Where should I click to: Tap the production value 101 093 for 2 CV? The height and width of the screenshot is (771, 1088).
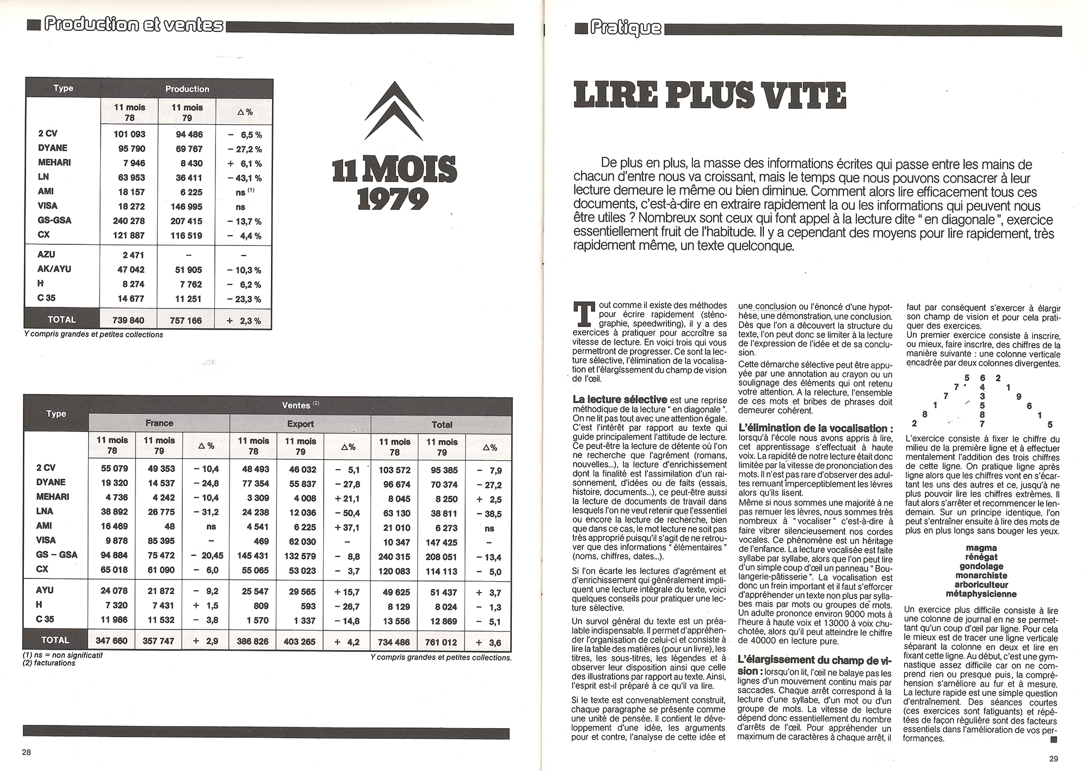[x=129, y=134]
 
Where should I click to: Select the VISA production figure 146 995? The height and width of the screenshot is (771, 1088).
[x=187, y=206]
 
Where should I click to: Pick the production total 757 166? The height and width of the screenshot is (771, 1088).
[x=186, y=320]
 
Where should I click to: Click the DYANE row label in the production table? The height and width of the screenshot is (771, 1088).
[x=52, y=148]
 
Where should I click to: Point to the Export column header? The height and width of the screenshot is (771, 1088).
[x=300, y=424]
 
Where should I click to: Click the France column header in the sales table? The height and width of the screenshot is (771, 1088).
[x=159, y=423]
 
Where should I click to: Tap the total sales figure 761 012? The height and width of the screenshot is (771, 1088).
[x=441, y=642]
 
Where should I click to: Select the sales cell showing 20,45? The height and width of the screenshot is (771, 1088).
[x=206, y=555]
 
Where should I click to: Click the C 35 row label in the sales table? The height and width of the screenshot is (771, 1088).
[x=46, y=619]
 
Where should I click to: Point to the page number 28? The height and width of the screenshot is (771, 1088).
[x=27, y=753]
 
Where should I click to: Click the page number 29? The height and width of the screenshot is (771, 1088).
[x=1053, y=758]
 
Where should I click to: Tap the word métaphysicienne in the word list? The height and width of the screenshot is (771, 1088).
[x=981, y=594]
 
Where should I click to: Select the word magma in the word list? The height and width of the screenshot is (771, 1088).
[x=981, y=548]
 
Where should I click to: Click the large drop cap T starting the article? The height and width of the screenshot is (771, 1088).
[x=583, y=314]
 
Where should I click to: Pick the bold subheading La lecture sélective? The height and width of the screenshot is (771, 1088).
[x=620, y=399]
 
